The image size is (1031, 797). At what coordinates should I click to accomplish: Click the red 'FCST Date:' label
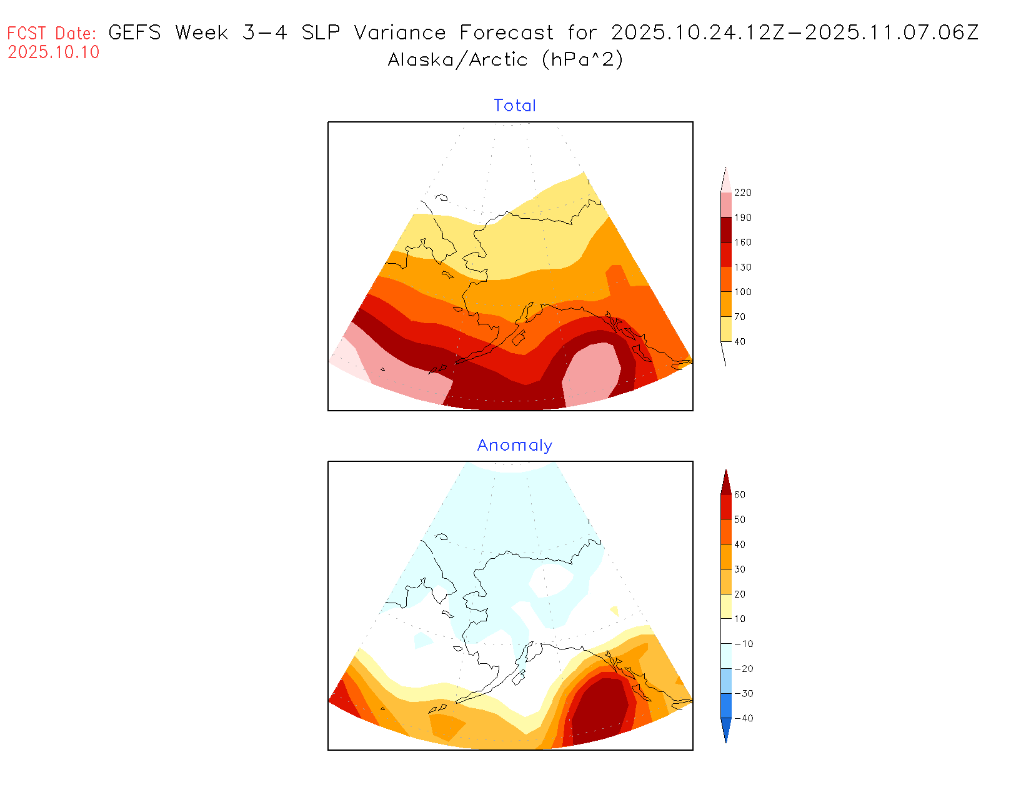click(x=52, y=33)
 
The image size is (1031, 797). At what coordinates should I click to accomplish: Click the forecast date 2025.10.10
click(x=54, y=53)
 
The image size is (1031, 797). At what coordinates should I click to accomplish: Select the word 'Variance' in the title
click(x=400, y=33)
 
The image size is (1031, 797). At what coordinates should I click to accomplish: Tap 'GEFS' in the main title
click(x=134, y=33)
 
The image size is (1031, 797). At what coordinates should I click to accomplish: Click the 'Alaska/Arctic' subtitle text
click(x=457, y=60)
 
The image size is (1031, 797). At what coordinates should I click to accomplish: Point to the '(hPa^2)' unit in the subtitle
click(x=582, y=60)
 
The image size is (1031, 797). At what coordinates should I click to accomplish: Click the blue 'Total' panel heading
click(x=515, y=106)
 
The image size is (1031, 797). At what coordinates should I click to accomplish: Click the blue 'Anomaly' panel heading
click(x=515, y=445)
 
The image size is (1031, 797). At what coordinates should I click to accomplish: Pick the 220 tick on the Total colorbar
click(x=742, y=193)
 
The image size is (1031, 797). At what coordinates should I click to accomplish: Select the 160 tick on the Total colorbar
click(x=742, y=243)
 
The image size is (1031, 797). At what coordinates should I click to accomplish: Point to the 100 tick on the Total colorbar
click(x=742, y=292)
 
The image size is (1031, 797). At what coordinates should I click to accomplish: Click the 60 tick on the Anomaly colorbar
click(x=740, y=494)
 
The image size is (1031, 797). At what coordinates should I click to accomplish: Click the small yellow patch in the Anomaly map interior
click(x=614, y=610)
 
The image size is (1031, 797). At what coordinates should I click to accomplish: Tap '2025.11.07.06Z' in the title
click(x=892, y=33)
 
